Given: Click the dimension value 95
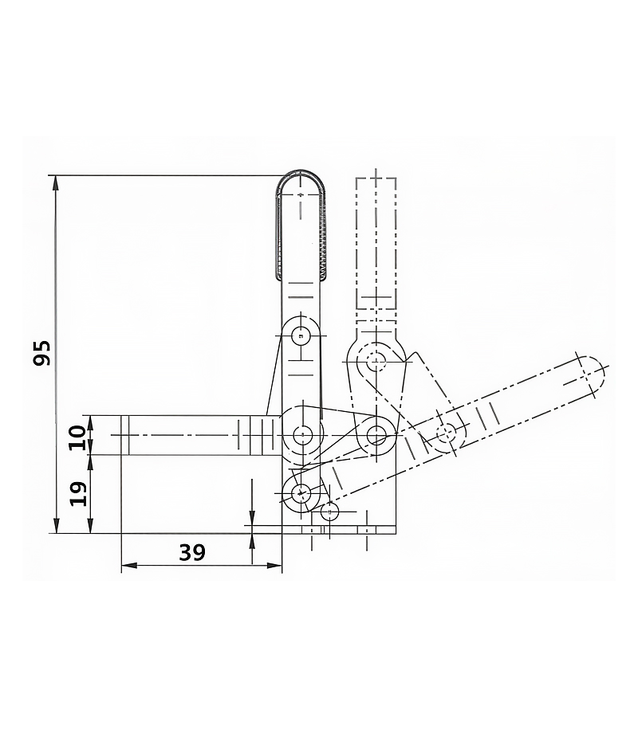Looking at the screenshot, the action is coord(41,352).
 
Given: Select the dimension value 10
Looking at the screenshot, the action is coord(77,437).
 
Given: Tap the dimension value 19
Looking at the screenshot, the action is coord(79,494).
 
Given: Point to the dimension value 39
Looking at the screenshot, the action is coord(192,552).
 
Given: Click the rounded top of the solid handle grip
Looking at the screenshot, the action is coord(301,172).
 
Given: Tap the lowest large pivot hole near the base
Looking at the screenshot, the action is coord(301,494).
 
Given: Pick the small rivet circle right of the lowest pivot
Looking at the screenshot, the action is coord(329,511).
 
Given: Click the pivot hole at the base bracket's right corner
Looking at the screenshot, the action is coord(376,433).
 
